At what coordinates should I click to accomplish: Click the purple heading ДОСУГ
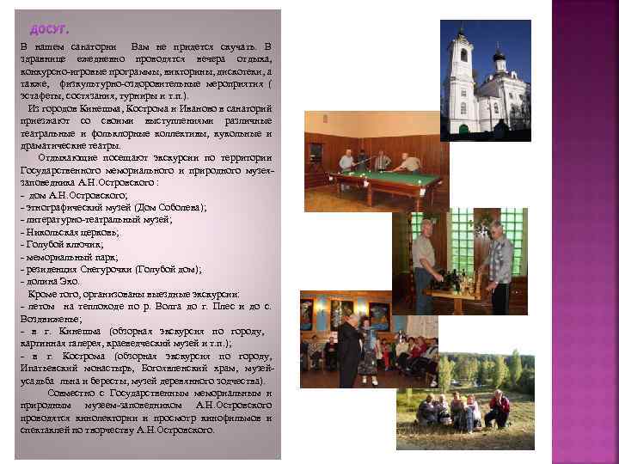click(x=44, y=32)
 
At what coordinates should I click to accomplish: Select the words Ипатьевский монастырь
click(x=60, y=369)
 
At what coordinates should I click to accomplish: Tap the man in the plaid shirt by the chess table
click(x=499, y=262)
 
